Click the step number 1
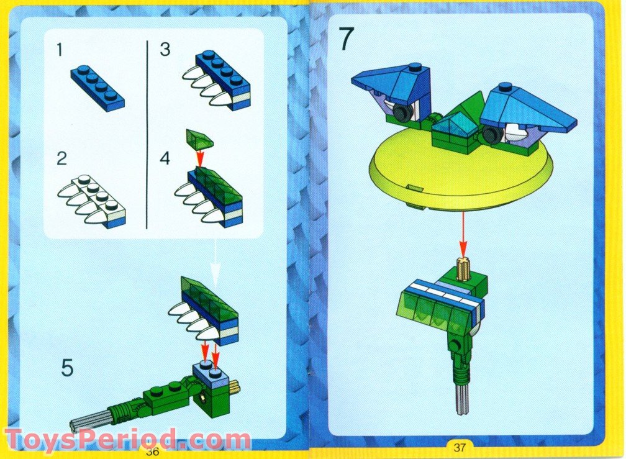coord(60,50)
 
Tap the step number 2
coord(61,159)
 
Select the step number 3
coord(165,50)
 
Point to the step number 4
coord(165,158)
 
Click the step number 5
coord(67,368)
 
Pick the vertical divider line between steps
coord(146,134)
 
